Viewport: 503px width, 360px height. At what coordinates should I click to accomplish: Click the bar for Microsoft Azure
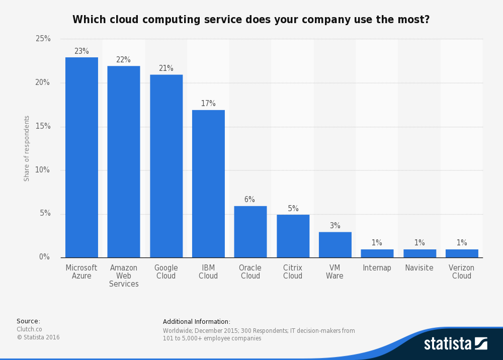point(81,157)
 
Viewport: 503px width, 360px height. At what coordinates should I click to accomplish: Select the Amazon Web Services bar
point(124,161)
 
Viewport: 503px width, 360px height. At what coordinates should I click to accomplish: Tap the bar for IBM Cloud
point(208,184)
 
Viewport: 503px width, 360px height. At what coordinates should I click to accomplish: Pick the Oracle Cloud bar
point(250,232)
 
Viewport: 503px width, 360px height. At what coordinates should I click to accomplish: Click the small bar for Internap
point(377,253)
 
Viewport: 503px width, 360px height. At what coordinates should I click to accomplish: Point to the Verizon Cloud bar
point(462,253)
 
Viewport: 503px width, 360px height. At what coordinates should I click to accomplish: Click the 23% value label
point(81,51)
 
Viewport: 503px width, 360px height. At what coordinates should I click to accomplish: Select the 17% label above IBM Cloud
point(208,104)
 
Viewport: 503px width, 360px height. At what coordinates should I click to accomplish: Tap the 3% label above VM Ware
point(335,226)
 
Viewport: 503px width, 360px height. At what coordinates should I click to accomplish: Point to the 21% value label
point(166,68)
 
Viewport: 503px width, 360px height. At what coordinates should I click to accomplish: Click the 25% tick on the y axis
point(43,39)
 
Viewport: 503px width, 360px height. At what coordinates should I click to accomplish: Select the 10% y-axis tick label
point(43,170)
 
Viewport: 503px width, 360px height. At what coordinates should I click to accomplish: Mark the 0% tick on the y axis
point(45,257)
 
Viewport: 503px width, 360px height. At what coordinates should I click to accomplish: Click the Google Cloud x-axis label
point(166,272)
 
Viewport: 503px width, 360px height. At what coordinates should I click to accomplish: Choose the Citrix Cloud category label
point(293,272)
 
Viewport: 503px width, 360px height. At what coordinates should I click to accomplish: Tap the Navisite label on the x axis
point(419,268)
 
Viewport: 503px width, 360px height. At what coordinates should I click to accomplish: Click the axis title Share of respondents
point(27,148)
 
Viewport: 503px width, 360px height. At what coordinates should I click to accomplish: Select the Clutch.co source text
point(29,329)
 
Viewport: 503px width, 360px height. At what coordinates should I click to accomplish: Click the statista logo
point(455,343)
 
